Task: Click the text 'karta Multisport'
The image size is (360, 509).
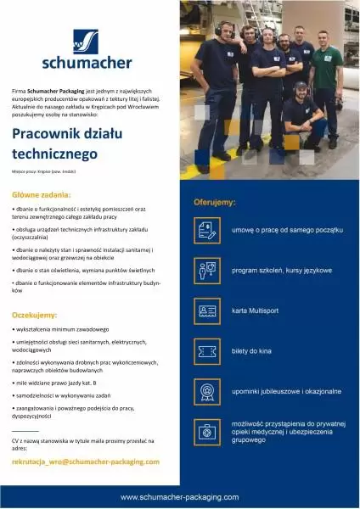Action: [x=256, y=311]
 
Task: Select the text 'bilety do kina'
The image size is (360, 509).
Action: [x=252, y=351]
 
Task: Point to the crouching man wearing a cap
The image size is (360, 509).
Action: [x=298, y=115]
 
